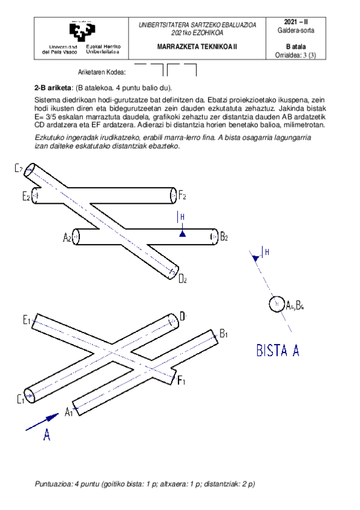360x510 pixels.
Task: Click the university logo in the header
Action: pyautogui.click(x=82, y=32)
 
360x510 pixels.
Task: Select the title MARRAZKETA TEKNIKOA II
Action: pyautogui.click(x=197, y=46)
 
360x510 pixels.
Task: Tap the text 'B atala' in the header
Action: pyautogui.click(x=301, y=45)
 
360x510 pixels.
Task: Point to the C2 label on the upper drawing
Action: pyautogui.click(x=19, y=168)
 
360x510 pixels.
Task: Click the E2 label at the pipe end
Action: pyautogui.click(x=26, y=196)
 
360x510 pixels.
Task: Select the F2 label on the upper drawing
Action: pyautogui.click(x=182, y=195)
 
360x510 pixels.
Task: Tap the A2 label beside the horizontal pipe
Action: pyautogui.click(x=67, y=238)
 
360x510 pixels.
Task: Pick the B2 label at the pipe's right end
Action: pyautogui.click(x=224, y=237)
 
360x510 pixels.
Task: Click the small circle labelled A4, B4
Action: pyautogui.click(x=276, y=304)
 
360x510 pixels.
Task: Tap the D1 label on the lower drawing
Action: pyautogui.click(x=185, y=316)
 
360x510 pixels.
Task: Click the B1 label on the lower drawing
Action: pyautogui.click(x=223, y=334)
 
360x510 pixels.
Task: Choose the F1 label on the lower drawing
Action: pyautogui.click(x=182, y=379)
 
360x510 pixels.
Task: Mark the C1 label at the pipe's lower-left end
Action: pyautogui.click(x=20, y=398)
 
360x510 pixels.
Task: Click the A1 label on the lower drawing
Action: pyautogui.click(x=69, y=411)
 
